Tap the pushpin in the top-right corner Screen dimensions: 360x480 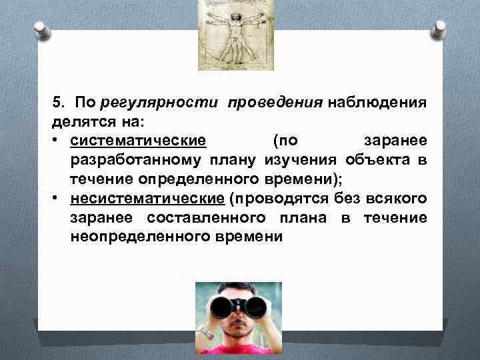click(x=439, y=29)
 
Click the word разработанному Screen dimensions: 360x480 click(x=140, y=161)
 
